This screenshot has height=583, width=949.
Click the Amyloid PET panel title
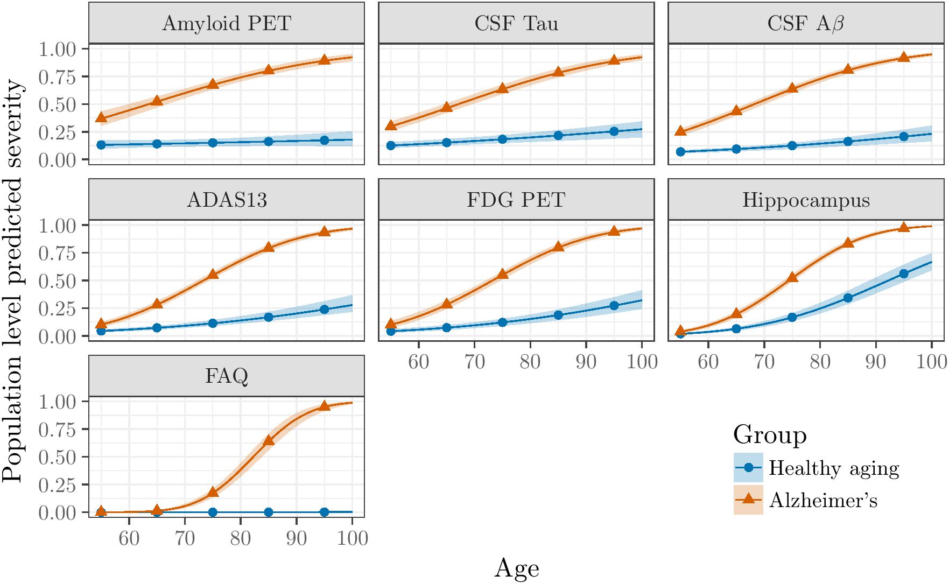tap(226, 24)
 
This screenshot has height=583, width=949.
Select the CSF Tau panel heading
tap(516, 24)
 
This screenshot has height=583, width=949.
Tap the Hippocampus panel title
tap(806, 200)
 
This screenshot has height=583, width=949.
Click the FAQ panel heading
tap(226, 376)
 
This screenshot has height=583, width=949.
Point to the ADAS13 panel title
tap(226, 200)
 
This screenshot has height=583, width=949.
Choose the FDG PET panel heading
tap(516, 200)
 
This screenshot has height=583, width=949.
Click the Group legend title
tap(770, 434)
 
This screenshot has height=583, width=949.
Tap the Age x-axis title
tap(516, 568)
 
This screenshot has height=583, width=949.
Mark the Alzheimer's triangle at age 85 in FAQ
tap(269, 440)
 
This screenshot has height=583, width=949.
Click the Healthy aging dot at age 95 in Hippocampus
tap(904, 273)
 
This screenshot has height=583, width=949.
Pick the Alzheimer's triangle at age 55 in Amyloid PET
tap(101, 117)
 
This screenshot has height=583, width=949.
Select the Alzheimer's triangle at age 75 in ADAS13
tap(213, 274)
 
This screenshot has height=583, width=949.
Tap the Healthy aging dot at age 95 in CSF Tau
tap(614, 131)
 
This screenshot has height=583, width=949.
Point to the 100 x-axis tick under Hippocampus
tap(931, 361)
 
